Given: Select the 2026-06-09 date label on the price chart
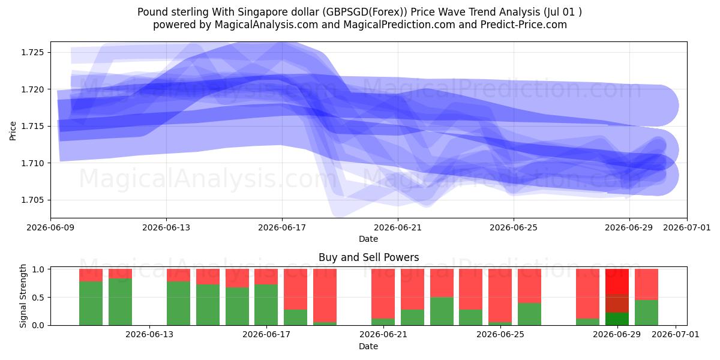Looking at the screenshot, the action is (50, 227).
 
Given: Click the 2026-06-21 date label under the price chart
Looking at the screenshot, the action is (398, 227).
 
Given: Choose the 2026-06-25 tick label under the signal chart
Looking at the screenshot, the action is (500, 334).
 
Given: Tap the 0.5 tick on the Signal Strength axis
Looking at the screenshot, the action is (39, 298).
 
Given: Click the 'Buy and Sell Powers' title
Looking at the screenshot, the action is (368, 257).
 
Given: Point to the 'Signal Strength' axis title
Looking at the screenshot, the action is (23, 296).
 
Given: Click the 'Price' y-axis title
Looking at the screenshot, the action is (13, 131).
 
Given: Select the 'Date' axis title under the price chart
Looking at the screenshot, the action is (368, 239).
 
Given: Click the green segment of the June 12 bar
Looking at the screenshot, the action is (120, 302).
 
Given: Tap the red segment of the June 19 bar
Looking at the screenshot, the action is (325, 295).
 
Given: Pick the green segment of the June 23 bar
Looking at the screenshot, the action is (442, 311).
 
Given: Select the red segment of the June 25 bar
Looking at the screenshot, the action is (500, 295).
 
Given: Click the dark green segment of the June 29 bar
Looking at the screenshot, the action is (617, 319).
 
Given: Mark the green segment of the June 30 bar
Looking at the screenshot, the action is (646, 313).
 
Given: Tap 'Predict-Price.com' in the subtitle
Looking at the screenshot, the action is (524, 25).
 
